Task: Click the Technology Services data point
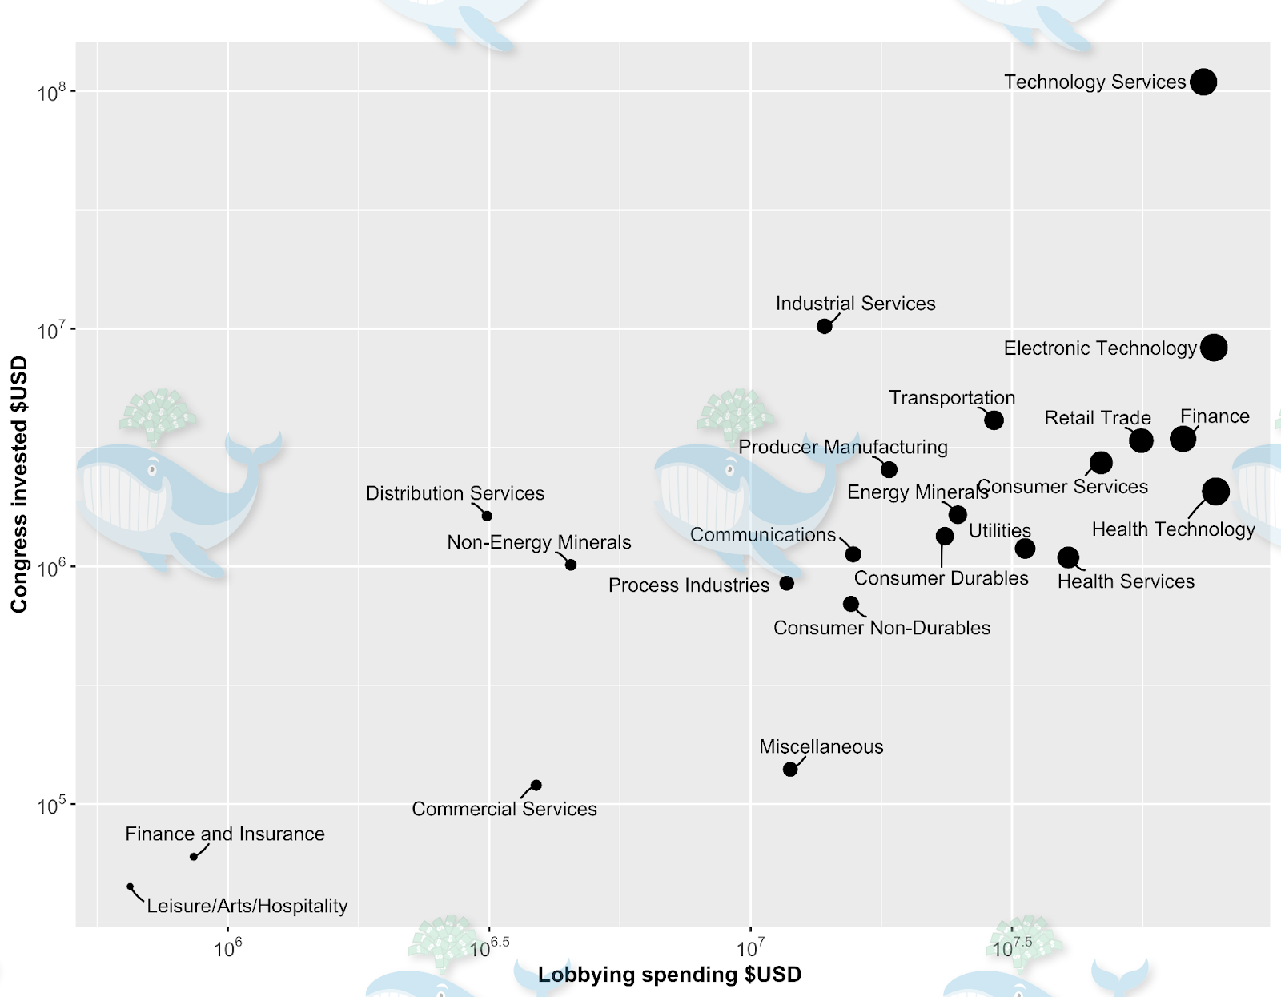point(1203,82)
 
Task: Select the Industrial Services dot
point(824,326)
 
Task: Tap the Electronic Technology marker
point(1214,348)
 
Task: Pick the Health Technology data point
point(1215,491)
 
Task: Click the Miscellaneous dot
point(790,769)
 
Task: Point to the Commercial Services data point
point(536,785)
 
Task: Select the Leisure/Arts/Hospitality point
point(131,886)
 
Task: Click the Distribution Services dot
point(487,516)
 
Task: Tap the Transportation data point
point(994,420)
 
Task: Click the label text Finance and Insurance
point(225,834)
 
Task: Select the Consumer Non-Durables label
point(881,628)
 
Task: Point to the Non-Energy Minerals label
point(539,542)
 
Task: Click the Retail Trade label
point(1098,418)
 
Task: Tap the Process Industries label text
point(689,585)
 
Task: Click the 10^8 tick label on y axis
point(52,93)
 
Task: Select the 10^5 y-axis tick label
point(52,806)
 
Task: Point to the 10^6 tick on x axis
point(228,949)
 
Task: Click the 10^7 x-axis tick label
point(750,949)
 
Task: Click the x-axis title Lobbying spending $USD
point(669,975)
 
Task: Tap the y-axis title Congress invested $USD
point(19,484)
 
